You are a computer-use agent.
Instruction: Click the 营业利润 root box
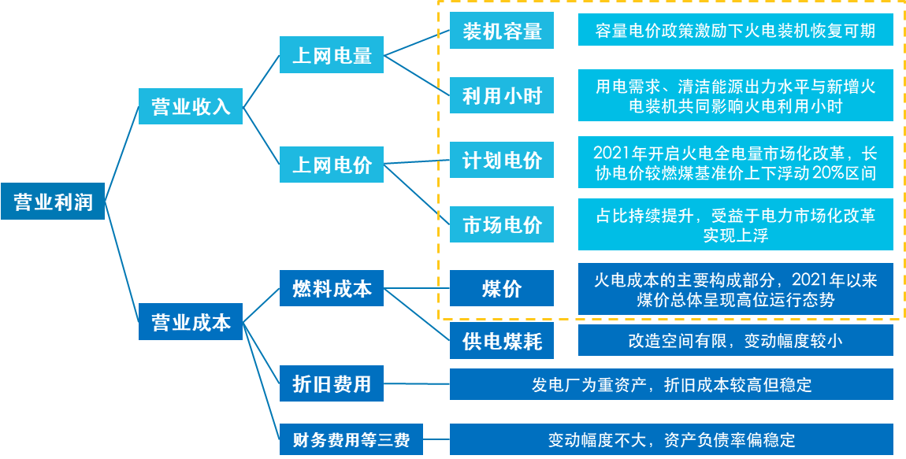tap(53, 202)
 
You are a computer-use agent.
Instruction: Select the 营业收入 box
tap(191, 106)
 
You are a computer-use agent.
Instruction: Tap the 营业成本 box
tap(191, 322)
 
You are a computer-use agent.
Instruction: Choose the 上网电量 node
tap(332, 56)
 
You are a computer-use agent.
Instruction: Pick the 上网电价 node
tap(332, 165)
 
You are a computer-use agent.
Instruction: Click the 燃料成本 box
tap(332, 288)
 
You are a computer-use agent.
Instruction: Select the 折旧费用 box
tap(332, 384)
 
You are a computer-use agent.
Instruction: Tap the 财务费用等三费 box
tap(351, 439)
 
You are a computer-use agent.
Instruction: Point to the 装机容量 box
tap(502, 31)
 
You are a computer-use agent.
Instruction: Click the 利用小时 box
tap(502, 96)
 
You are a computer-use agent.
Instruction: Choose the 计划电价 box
tap(502, 161)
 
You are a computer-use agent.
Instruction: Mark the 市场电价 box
tap(502, 225)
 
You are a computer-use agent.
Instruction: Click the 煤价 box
tap(502, 288)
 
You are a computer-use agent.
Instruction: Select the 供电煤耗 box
tap(502, 342)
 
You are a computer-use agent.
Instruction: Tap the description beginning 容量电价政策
tap(735, 31)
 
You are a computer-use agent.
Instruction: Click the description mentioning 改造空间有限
tap(735, 341)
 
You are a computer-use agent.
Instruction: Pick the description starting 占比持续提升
tap(735, 224)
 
